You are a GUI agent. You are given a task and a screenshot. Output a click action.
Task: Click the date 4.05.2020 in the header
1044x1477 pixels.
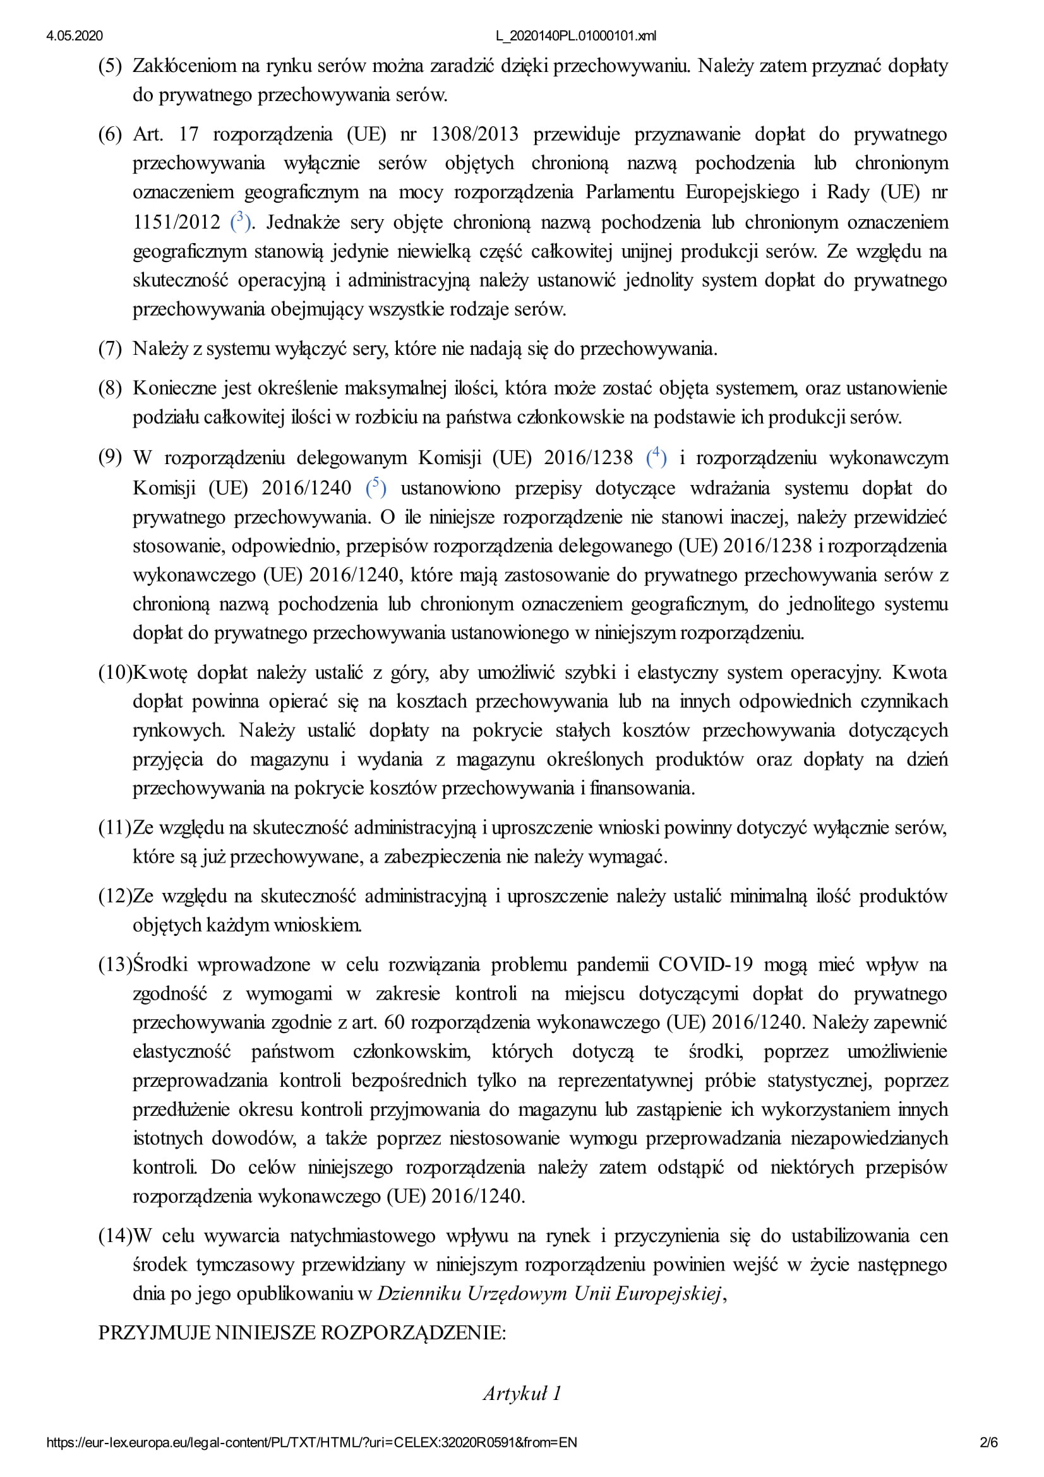[74, 36]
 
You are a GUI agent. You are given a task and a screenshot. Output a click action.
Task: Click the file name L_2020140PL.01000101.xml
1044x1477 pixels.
[576, 36]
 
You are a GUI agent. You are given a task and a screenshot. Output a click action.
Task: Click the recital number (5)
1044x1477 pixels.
[109, 66]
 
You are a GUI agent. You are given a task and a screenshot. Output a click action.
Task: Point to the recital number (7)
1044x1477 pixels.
[109, 349]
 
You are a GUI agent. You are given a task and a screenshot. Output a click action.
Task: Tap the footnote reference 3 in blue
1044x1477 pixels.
[240, 221]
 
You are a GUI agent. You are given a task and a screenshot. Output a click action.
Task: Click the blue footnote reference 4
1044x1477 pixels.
[656, 457]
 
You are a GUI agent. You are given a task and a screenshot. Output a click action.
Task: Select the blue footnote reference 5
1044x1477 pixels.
[376, 487]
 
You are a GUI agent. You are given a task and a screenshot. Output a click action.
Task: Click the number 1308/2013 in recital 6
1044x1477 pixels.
[474, 134]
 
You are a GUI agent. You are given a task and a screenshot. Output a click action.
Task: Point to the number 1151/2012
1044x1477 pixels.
[176, 222]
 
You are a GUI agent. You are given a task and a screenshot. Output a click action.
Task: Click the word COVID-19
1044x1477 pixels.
[705, 964]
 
